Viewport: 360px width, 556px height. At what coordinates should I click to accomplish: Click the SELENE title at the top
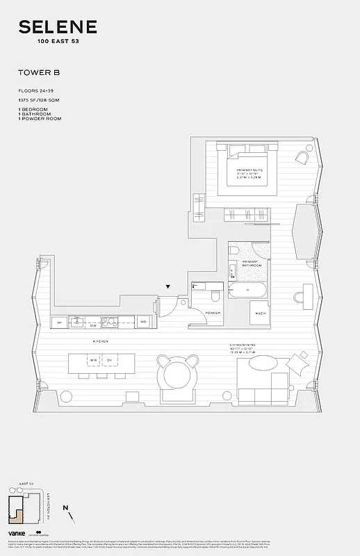click(x=58, y=28)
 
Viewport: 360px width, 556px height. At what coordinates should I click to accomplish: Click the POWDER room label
click(x=213, y=313)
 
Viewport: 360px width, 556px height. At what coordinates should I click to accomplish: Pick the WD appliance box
click(x=143, y=322)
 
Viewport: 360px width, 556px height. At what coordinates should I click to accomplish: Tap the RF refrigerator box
click(x=60, y=323)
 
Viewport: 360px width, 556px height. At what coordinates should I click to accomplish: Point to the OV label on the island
click(x=109, y=359)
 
